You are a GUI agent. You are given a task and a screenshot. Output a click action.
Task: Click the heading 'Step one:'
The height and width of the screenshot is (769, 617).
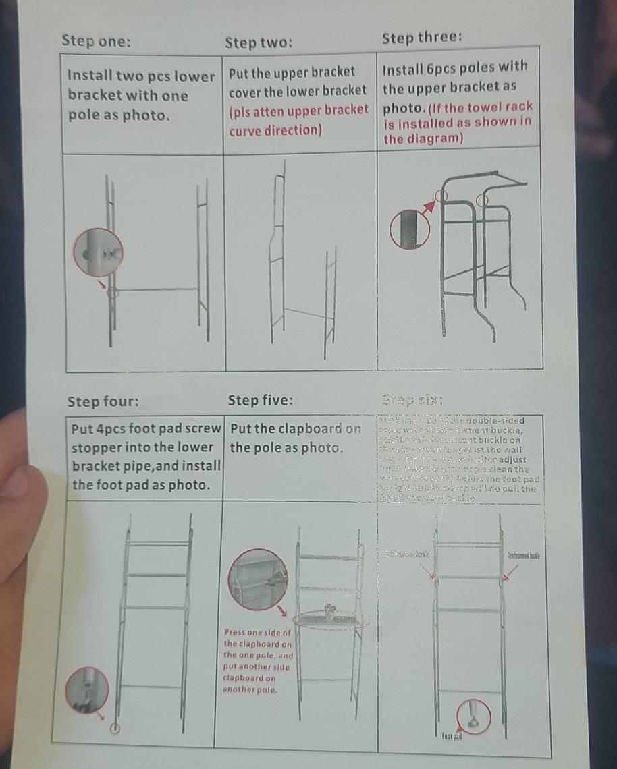coord(97,41)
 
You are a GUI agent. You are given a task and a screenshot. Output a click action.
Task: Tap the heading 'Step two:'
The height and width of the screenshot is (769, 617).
coord(259,43)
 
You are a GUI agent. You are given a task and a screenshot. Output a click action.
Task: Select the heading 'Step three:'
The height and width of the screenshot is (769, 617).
coord(422,37)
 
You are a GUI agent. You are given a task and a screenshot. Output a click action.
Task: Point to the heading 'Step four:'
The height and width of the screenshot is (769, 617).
coord(103,402)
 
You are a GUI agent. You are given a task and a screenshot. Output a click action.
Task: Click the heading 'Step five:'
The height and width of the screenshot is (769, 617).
coord(261,401)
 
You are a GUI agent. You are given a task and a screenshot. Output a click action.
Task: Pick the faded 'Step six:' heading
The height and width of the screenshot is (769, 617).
coord(412,399)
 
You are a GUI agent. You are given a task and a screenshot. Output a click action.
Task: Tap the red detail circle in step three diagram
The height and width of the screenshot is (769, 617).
coord(410,229)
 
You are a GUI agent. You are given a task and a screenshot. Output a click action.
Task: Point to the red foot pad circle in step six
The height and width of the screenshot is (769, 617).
coord(475,716)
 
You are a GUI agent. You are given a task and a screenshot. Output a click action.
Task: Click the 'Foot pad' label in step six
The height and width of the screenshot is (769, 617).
coord(452,736)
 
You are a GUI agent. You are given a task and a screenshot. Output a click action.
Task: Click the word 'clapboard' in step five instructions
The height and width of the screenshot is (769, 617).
coord(308,429)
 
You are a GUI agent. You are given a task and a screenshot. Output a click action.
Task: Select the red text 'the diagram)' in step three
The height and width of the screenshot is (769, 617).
coord(423,139)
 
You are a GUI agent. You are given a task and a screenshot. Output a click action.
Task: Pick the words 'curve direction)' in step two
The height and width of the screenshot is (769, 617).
coord(275,130)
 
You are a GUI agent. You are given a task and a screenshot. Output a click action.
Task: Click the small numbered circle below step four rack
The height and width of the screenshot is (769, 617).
coord(115,729)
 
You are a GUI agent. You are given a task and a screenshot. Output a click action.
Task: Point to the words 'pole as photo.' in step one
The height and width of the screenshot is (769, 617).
coord(118,115)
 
